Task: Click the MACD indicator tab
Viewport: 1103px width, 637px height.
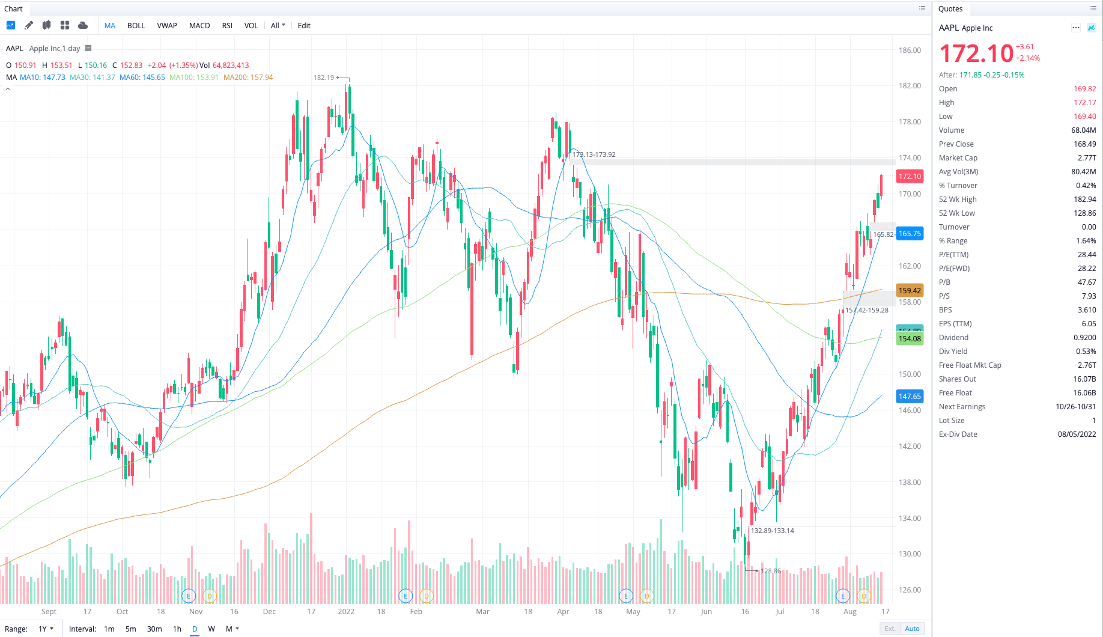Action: click(199, 26)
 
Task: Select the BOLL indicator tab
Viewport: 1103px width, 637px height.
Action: click(136, 26)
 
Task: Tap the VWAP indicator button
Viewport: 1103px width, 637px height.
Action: click(167, 26)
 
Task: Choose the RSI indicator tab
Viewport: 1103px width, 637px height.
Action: click(227, 26)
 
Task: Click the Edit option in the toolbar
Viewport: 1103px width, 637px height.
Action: click(304, 26)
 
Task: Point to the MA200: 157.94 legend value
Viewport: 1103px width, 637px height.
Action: click(248, 78)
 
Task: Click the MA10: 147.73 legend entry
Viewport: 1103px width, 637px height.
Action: click(42, 78)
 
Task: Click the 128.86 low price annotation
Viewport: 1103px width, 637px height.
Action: click(770, 571)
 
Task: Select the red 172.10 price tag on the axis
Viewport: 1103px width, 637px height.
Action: click(910, 176)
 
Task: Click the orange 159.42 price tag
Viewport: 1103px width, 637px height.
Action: click(910, 290)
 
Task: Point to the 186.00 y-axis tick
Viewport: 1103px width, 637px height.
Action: click(910, 50)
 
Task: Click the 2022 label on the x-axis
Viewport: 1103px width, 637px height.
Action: click(346, 612)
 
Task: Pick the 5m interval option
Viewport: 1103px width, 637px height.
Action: click(130, 629)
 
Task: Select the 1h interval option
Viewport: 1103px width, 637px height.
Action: click(177, 629)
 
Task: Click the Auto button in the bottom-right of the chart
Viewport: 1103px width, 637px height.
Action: click(912, 629)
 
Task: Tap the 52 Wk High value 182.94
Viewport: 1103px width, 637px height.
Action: click(1084, 200)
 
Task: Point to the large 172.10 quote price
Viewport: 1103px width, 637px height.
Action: click(976, 54)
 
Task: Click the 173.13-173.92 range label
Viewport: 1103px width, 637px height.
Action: click(594, 154)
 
